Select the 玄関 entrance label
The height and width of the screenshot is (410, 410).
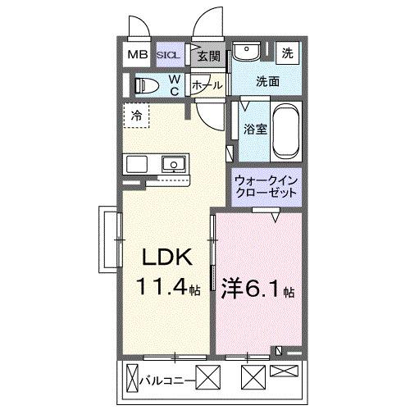(208, 56)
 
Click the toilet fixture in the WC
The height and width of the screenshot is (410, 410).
(148, 84)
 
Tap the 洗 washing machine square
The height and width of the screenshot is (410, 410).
(288, 53)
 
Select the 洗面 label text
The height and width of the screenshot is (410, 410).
(266, 81)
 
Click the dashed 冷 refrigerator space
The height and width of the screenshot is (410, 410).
(137, 115)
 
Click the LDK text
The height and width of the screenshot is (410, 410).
(169, 259)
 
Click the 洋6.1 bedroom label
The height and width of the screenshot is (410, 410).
(257, 289)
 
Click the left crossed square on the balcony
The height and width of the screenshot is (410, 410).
(212, 379)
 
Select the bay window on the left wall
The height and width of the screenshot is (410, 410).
(107, 238)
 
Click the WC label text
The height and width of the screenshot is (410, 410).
(175, 85)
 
